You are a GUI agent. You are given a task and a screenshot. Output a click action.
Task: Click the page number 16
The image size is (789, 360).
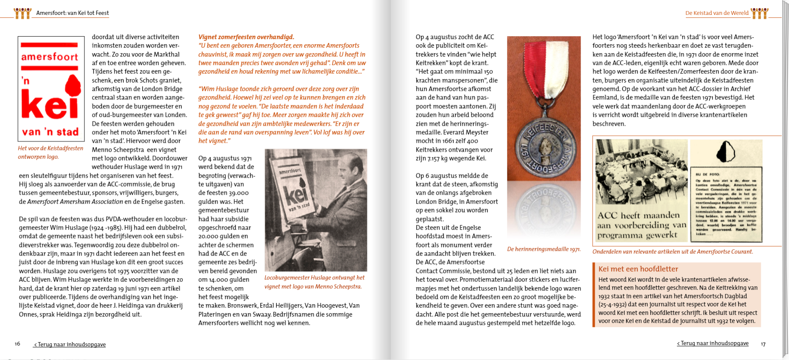pyautogui.click(x=17, y=344)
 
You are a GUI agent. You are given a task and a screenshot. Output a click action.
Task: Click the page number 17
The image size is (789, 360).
pyautogui.click(x=763, y=344)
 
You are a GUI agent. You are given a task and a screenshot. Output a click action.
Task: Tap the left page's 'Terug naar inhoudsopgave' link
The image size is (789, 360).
pyautogui.click(x=70, y=344)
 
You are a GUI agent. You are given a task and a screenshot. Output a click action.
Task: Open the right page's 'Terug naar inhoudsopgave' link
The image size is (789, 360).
pyautogui.click(x=713, y=343)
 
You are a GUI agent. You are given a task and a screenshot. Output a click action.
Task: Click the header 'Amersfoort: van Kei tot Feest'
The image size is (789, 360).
pyautogui.click(x=72, y=13)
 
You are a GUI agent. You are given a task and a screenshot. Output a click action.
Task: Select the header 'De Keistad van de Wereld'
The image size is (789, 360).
pyautogui.click(x=717, y=13)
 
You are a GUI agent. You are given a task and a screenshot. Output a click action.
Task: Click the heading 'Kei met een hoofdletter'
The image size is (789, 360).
pyautogui.click(x=638, y=269)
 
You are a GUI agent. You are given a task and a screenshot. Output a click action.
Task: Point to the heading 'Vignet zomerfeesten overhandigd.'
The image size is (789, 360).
pyautogui.click(x=246, y=37)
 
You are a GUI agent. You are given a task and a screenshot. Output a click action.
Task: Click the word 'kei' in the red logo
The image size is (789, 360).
pyautogui.click(x=49, y=105)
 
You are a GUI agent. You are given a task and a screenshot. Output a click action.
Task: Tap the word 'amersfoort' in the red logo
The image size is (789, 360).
pyautogui.click(x=49, y=57)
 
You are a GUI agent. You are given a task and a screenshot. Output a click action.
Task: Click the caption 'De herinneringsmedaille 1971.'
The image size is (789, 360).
pyautogui.click(x=543, y=249)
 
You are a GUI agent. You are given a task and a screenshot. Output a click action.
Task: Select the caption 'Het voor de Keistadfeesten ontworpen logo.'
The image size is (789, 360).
pyautogui.click(x=50, y=153)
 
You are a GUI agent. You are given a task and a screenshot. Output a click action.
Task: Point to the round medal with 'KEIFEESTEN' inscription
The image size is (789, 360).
pyautogui.click(x=544, y=147)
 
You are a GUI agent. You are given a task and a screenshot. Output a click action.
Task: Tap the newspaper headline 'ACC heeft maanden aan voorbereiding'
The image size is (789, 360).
pyautogui.click(x=641, y=225)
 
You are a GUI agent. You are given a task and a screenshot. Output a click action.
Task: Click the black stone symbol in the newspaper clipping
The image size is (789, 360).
pyautogui.click(x=725, y=151)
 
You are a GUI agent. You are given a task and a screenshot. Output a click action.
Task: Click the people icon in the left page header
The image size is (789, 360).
pyautogui.click(x=23, y=13)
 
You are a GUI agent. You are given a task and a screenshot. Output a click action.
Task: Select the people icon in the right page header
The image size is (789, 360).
pyautogui.click(x=760, y=13)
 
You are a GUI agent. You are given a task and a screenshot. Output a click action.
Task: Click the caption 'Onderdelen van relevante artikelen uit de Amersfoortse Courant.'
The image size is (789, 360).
pyautogui.click(x=672, y=252)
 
